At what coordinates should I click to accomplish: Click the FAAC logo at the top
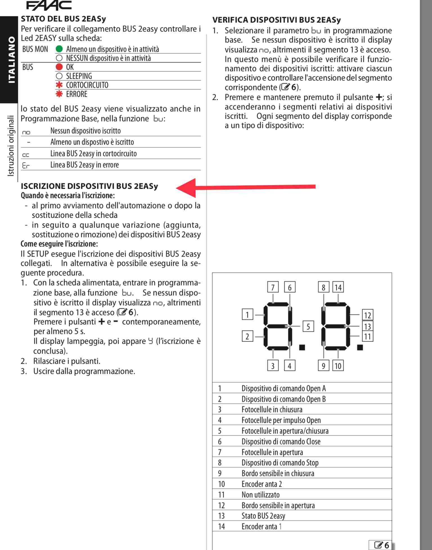(49, 5)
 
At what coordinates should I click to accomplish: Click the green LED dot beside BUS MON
(59, 49)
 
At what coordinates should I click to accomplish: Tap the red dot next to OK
(59, 67)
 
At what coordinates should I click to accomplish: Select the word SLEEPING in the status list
(79, 76)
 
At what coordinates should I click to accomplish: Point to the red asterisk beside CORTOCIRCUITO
(59, 85)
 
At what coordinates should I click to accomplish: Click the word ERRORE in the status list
(76, 94)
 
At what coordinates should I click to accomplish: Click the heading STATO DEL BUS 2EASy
(63, 19)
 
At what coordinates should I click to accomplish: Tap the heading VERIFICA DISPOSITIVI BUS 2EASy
(276, 20)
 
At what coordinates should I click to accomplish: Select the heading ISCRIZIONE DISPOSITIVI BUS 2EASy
(89, 186)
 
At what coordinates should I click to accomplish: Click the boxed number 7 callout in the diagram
(273, 287)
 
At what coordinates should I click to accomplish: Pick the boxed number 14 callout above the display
(338, 287)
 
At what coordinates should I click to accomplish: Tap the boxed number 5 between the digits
(308, 326)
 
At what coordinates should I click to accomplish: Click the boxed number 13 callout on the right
(367, 326)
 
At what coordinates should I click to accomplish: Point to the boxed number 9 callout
(323, 366)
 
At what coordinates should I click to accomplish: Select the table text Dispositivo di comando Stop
(280, 463)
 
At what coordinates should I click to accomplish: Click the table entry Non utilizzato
(260, 495)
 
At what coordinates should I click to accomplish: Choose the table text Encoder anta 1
(261, 527)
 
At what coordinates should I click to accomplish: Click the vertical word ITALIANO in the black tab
(11, 60)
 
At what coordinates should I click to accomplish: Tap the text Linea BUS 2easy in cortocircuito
(93, 154)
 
